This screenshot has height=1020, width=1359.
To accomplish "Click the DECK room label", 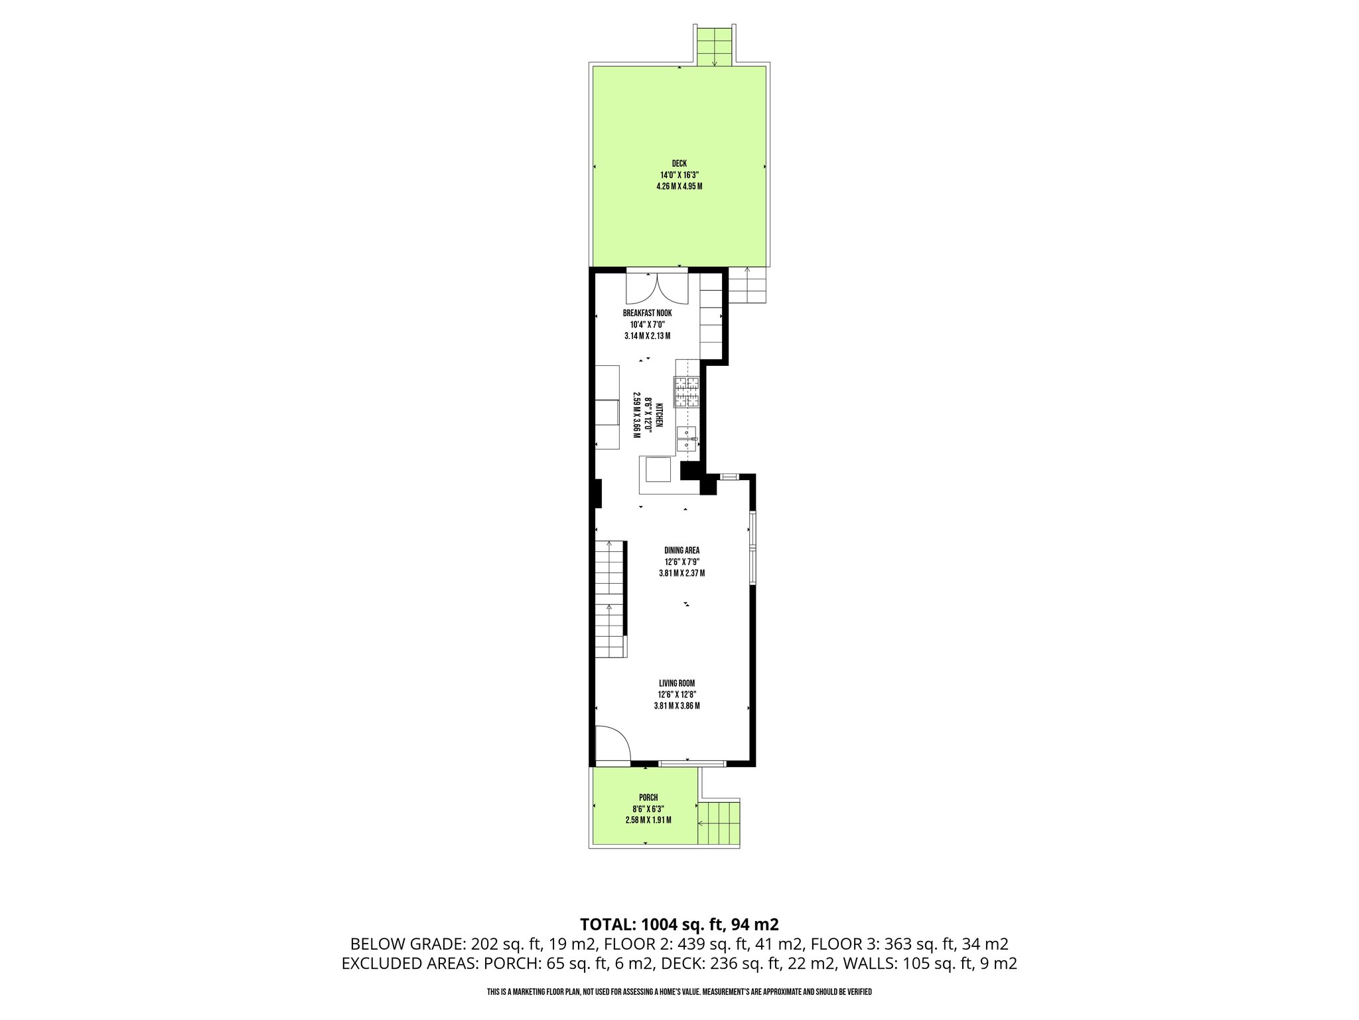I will tap(679, 163).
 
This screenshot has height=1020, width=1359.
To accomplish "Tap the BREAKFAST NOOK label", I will tap(647, 313).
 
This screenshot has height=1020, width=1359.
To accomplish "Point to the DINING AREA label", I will tap(681, 550).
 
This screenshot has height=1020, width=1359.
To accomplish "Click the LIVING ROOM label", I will tap(676, 683).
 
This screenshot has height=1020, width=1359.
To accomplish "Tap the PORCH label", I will tap(648, 798).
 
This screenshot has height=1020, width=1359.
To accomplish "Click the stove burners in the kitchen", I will tap(687, 391).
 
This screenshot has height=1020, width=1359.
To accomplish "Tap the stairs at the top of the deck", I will tap(714, 46).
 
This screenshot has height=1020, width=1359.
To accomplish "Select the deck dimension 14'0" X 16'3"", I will tap(679, 175).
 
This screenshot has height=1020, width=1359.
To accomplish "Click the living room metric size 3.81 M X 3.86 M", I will tap(676, 705).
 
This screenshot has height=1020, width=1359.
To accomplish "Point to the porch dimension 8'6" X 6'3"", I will tap(648, 809).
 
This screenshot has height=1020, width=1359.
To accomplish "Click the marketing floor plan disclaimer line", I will tap(679, 991).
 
